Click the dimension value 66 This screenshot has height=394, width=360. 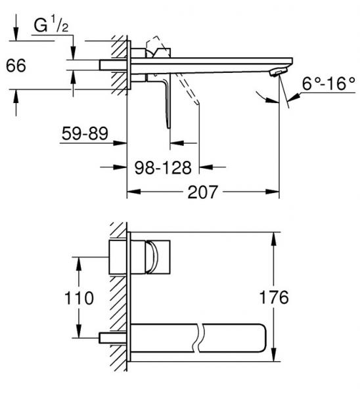(x=17, y=67)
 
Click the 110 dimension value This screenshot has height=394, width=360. (x=79, y=297)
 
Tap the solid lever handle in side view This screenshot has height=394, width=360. (x=166, y=98)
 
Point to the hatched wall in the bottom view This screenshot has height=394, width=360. (x=119, y=295)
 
